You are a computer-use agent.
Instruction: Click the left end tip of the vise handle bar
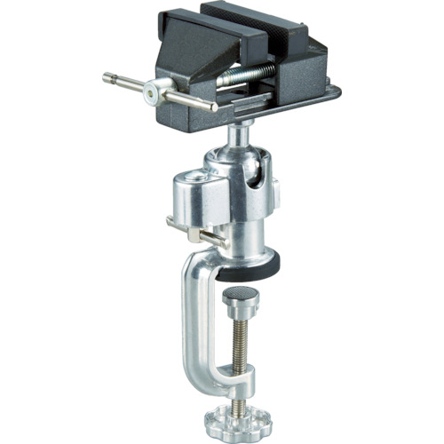[107, 76]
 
